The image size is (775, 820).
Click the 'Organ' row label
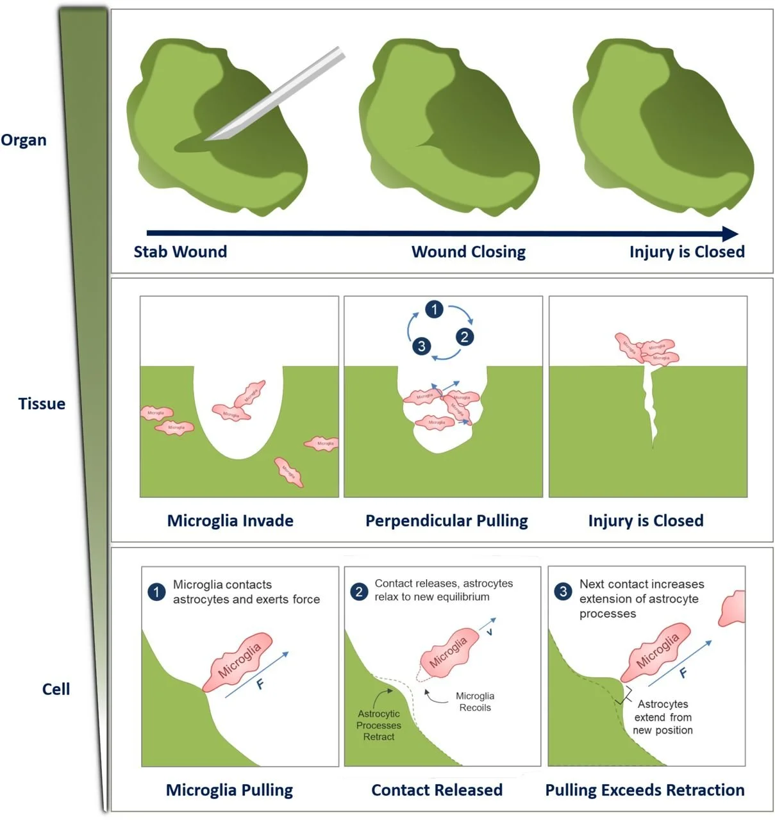coord(24,140)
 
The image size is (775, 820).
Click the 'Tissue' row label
coord(42,404)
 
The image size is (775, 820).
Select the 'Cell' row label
coord(56,689)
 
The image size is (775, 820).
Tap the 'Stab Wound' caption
coord(180,252)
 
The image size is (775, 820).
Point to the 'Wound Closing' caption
coord(468,252)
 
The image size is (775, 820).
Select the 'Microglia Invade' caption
coord(230,521)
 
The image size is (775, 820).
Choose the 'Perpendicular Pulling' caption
coord(446,521)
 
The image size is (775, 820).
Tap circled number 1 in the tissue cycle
coord(434,309)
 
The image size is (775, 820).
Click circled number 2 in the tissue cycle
coord(465,336)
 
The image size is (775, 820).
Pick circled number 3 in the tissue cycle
coord(421,346)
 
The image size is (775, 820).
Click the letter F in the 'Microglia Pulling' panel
coord(260,684)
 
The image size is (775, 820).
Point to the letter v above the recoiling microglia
coord(490,632)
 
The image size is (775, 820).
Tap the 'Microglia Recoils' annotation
coord(474,701)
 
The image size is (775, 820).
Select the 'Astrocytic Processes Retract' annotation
coord(379,725)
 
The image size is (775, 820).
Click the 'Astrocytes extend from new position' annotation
coord(663,717)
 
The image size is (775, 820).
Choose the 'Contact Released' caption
coord(437,790)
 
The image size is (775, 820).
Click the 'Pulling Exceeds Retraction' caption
coord(644,790)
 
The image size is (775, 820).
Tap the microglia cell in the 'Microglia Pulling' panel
coord(238,661)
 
